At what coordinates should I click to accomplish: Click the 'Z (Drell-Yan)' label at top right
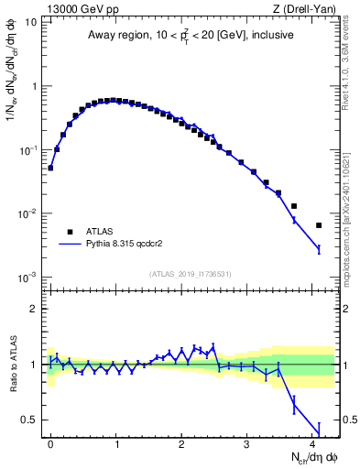(x=308, y=8)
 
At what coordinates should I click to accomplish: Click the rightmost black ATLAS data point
(x=319, y=225)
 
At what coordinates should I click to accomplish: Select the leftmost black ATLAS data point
(x=51, y=168)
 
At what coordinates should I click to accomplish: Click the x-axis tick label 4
(x=312, y=443)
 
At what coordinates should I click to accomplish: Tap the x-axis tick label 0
(x=51, y=443)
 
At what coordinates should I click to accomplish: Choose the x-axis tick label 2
(x=181, y=443)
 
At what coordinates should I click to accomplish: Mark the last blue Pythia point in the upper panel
(x=319, y=249)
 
